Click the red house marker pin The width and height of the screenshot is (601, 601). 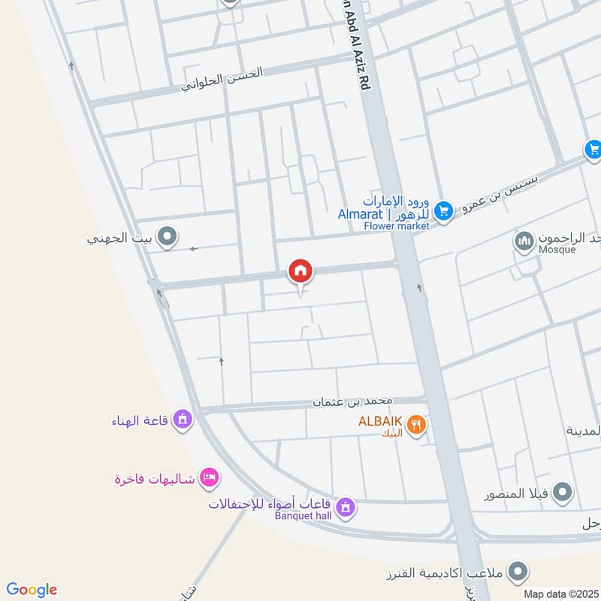point(300,271)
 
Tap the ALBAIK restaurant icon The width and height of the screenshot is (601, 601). point(415,427)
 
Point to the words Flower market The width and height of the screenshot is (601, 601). point(397,225)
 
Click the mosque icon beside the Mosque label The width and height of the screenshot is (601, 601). point(524,241)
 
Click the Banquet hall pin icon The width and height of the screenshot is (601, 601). point(345,509)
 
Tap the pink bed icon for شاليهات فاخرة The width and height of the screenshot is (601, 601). point(210,477)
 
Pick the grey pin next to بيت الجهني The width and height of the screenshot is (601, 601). point(168,238)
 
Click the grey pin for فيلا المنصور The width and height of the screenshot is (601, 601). point(562,494)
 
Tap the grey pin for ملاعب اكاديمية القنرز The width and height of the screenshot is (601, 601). point(517,573)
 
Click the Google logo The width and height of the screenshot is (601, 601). point(32,590)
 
